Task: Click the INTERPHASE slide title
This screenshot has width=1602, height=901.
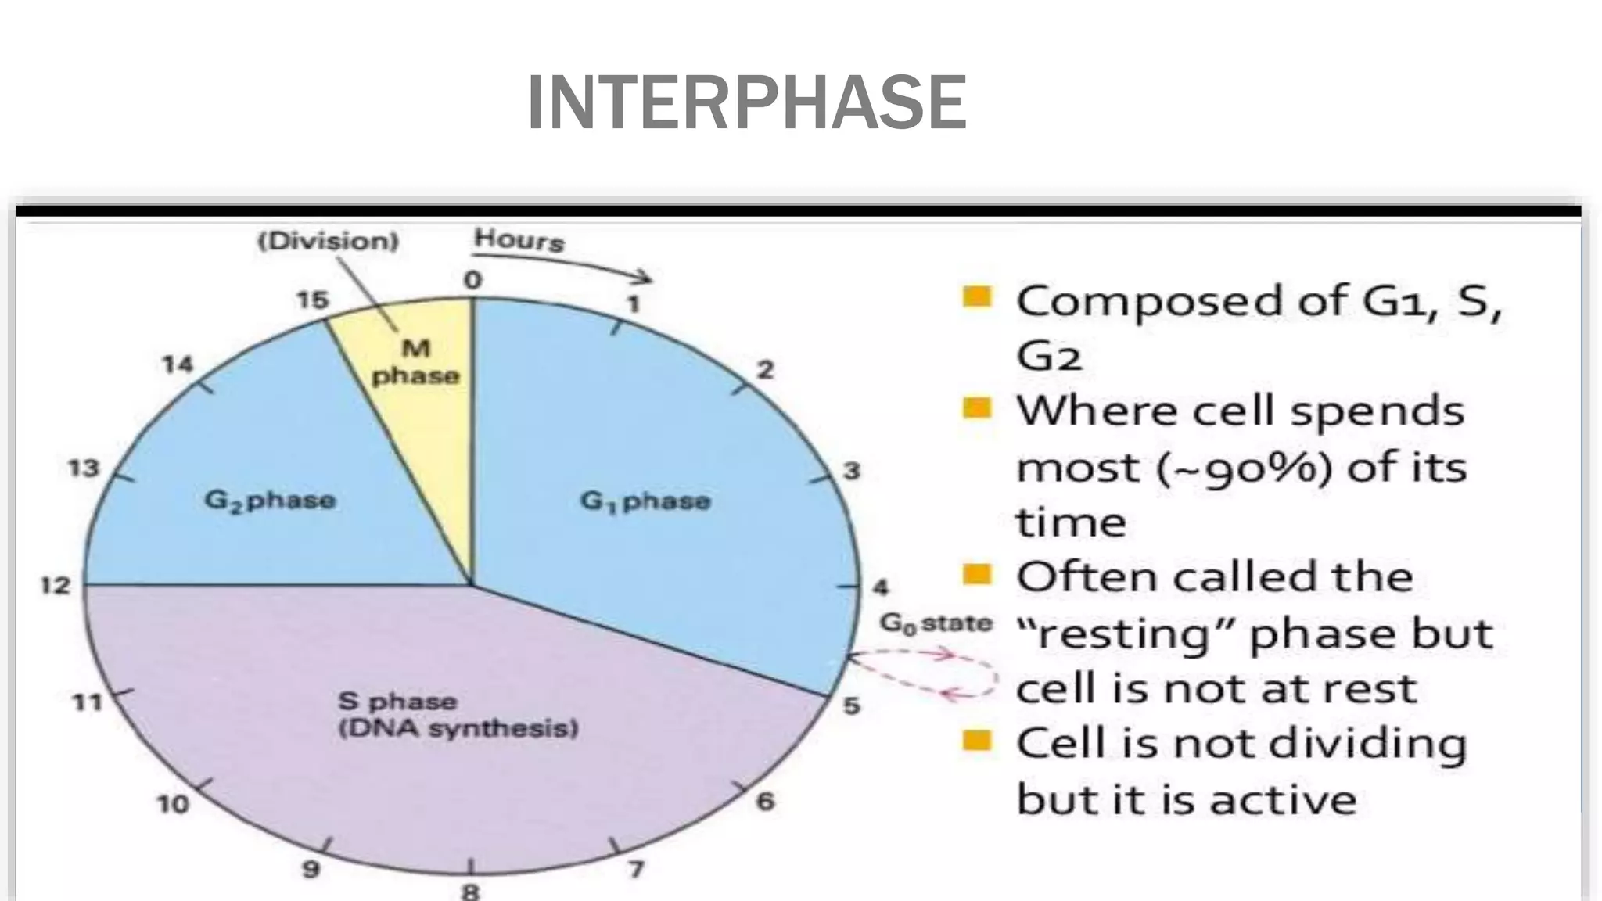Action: (747, 102)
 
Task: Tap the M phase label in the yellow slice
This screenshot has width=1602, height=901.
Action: (415, 362)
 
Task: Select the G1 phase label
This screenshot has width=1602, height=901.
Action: (645, 501)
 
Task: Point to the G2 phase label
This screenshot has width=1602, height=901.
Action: (270, 500)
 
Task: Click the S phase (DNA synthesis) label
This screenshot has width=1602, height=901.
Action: (458, 715)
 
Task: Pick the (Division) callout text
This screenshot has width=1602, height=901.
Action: (329, 241)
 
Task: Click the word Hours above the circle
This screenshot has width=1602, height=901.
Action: (518, 239)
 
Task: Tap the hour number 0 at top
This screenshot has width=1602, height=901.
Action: (472, 280)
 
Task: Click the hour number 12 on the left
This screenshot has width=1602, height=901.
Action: (56, 585)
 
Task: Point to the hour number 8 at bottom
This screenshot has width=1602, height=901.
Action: (470, 891)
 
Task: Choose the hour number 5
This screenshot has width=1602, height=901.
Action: (851, 705)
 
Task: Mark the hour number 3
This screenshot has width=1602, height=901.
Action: (851, 470)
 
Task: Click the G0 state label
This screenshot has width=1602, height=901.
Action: (936, 623)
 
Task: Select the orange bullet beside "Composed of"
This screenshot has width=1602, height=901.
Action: (977, 297)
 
